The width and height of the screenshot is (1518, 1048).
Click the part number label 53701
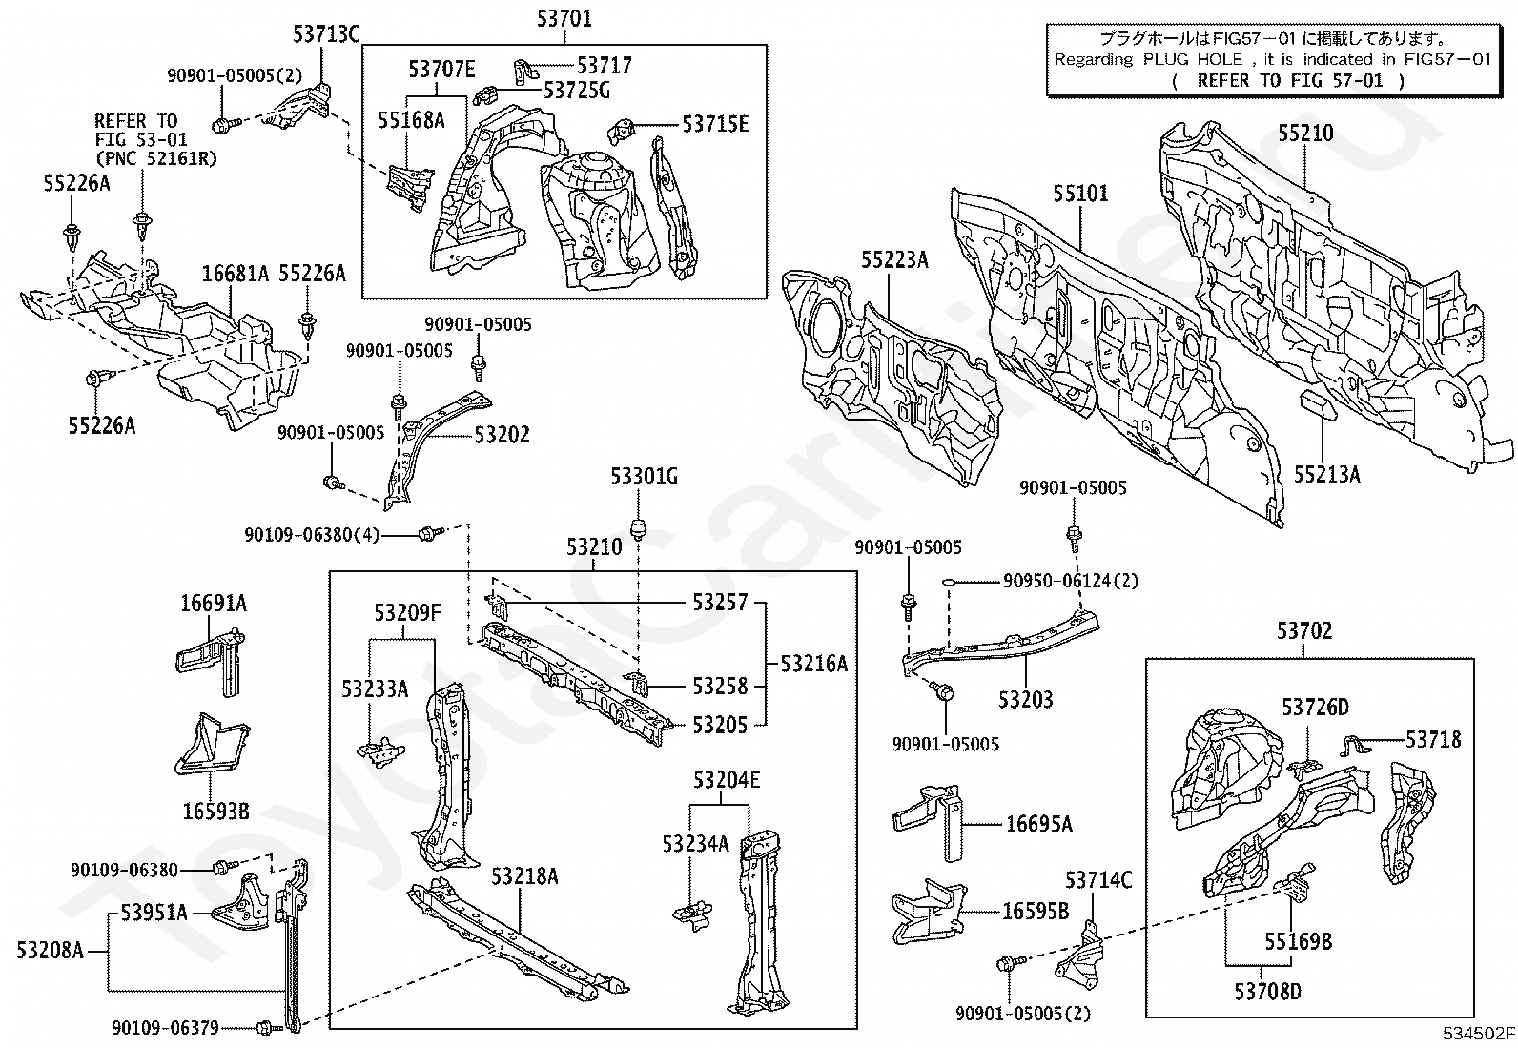(x=564, y=18)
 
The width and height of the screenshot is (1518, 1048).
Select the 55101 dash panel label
(x=1080, y=194)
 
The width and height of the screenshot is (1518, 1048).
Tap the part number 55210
(x=1305, y=133)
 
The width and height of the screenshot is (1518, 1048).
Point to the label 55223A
(x=894, y=259)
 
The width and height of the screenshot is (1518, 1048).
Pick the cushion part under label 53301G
(x=637, y=527)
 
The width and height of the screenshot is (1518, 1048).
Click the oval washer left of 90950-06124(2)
(x=950, y=582)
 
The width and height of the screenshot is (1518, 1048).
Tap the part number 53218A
(x=524, y=876)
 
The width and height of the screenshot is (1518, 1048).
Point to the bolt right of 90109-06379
(x=265, y=1028)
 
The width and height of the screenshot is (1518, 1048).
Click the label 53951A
(x=154, y=913)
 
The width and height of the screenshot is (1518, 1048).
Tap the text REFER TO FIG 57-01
(x=1289, y=81)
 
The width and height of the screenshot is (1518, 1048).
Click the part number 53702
(x=1303, y=631)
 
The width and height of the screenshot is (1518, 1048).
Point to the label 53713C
(x=326, y=34)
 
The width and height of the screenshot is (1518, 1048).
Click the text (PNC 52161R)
(x=156, y=158)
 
